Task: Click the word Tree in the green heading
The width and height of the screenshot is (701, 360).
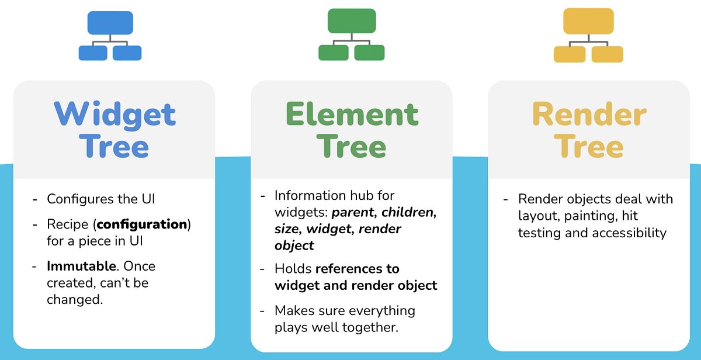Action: [x=352, y=147]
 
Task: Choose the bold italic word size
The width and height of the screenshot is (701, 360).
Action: [x=287, y=229]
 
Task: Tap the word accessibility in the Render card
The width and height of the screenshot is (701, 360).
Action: [x=629, y=233]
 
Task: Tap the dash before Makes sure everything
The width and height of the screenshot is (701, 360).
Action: [x=263, y=310]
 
